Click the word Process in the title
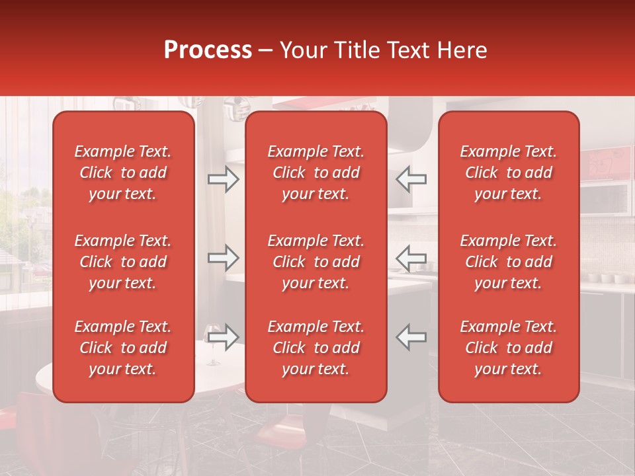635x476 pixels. (x=208, y=50)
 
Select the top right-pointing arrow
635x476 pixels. (x=223, y=179)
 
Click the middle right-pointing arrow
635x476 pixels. (x=223, y=258)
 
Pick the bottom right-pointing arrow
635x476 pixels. (x=223, y=337)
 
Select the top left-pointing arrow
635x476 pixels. (x=411, y=179)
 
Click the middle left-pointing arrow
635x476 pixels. (x=411, y=258)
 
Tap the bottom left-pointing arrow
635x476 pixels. (x=411, y=337)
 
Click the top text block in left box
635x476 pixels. (x=123, y=173)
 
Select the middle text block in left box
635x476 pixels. (x=123, y=262)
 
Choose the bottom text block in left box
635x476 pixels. (x=123, y=348)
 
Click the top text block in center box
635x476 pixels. (x=316, y=173)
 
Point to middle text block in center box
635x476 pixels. (x=316, y=262)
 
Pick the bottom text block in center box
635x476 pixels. (x=316, y=348)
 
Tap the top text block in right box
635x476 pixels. (x=508, y=173)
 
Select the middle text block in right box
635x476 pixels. (x=508, y=262)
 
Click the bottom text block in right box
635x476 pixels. (x=508, y=348)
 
